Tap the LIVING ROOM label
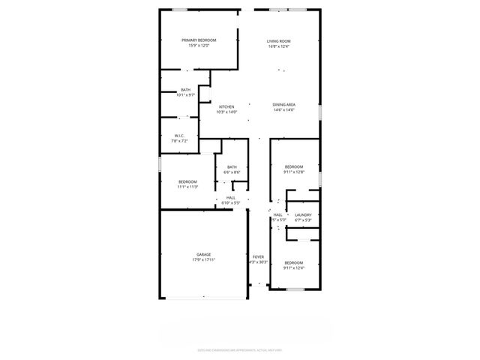(x=279, y=40)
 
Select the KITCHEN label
(x=226, y=106)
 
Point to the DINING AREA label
(x=283, y=105)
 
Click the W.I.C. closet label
(x=179, y=136)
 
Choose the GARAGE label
(x=204, y=254)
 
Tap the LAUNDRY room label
(x=303, y=214)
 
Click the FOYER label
(x=258, y=256)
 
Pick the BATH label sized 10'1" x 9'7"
(x=185, y=89)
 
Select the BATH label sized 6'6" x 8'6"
(x=232, y=166)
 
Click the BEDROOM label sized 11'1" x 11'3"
(x=187, y=181)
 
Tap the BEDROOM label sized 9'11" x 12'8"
(x=293, y=166)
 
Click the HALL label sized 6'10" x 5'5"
(x=230, y=197)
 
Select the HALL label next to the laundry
(x=277, y=214)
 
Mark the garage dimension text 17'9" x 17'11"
(x=204, y=260)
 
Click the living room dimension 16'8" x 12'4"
(x=279, y=46)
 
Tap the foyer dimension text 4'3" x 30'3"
(x=258, y=262)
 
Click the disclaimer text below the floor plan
(x=239, y=349)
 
